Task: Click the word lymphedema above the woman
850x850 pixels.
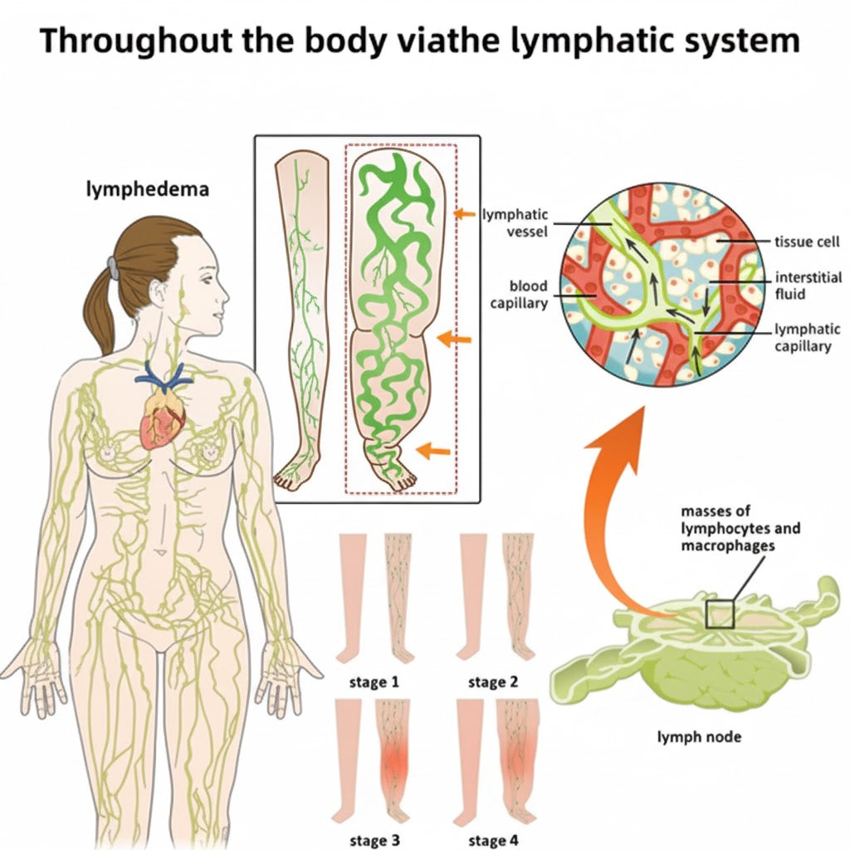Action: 148,189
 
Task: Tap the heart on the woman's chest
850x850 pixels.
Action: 162,420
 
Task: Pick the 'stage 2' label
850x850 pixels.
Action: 493,682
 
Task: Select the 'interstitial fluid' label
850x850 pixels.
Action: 808,285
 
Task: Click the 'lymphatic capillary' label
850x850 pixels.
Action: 807,338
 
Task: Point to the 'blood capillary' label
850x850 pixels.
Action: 518,294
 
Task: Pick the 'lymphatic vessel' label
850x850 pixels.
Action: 515,223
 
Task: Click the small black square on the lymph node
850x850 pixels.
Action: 720,614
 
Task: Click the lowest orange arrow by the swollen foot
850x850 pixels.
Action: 434,450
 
